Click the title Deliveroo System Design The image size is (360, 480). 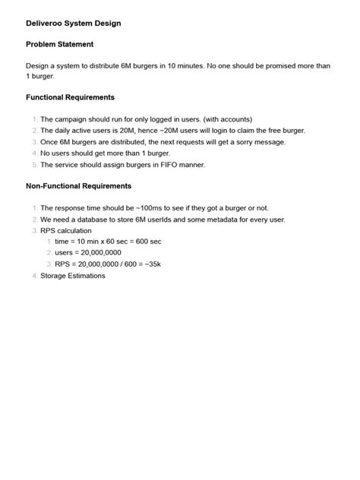coord(73,24)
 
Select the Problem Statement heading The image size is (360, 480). coord(59,45)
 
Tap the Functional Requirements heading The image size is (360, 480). coord(70,98)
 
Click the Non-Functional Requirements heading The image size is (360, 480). coord(78,186)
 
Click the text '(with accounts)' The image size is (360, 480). coord(225,119)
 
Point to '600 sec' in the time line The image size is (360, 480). coord(146,242)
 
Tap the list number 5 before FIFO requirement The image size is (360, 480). coord(34,164)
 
